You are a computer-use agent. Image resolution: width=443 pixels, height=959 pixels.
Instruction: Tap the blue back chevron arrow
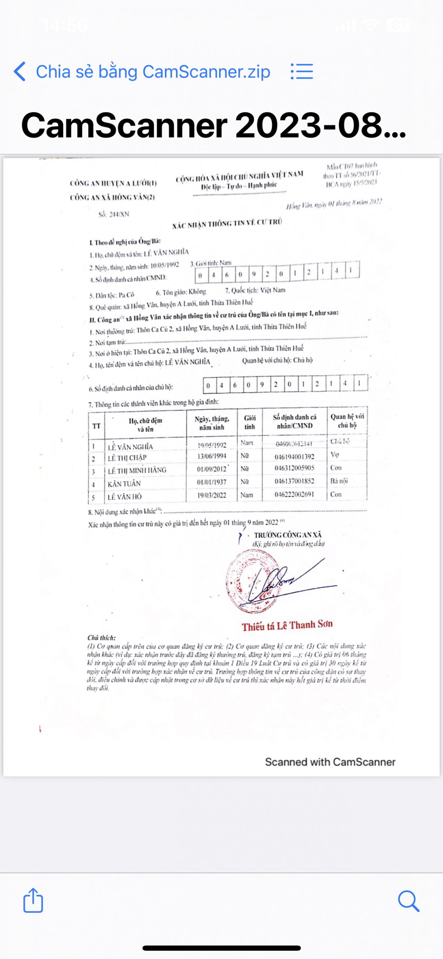20,71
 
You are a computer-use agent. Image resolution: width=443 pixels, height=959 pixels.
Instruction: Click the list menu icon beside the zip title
302,71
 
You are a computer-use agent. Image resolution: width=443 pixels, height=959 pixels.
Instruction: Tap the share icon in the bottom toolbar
33,901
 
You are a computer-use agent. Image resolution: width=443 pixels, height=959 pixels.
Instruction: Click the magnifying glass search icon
409,901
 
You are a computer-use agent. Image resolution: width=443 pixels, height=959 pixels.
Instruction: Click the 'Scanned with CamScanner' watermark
330,762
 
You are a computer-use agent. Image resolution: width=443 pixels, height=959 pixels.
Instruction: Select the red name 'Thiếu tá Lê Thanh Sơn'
287,626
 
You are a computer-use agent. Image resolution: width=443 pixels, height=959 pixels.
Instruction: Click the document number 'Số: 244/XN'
114,214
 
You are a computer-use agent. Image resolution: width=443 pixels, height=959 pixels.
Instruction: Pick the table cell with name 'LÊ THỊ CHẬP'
127,458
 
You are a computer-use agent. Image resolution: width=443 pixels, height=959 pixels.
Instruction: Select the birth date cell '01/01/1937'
212,482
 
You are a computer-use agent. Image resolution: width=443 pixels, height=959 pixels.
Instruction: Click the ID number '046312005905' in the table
295,468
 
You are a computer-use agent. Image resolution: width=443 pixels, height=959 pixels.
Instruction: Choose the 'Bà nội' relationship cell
339,481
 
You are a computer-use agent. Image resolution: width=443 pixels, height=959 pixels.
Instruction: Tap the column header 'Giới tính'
249,422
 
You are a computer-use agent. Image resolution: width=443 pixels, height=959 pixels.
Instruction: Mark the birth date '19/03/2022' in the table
212,495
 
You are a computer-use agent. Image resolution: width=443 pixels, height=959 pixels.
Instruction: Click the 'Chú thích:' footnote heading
101,638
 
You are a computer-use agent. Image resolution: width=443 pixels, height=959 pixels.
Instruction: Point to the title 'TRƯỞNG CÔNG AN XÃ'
288,535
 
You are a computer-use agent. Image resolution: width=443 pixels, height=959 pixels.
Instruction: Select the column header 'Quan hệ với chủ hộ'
347,421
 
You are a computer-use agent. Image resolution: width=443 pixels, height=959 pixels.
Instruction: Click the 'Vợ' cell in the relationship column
335,455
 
